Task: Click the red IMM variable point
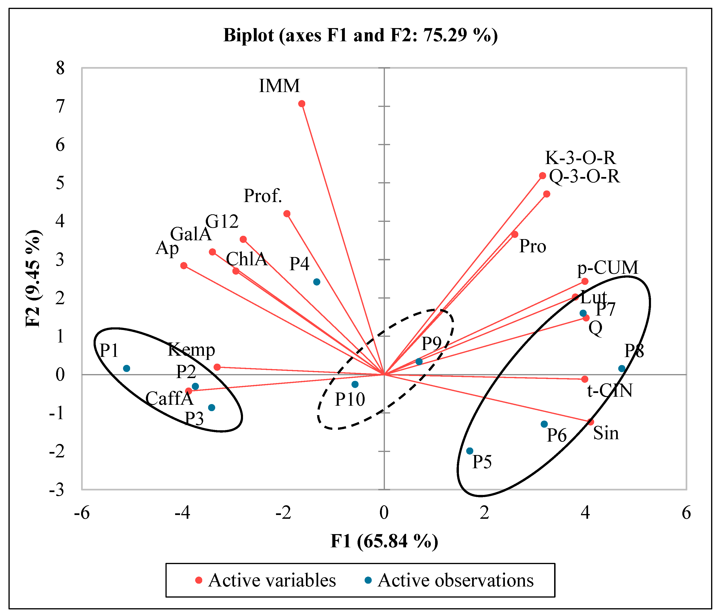tap(302, 104)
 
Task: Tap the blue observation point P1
tap(127, 368)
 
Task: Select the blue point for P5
tap(470, 451)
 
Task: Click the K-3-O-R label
tap(580, 158)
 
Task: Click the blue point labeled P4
tap(317, 282)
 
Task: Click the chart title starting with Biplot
tap(360, 35)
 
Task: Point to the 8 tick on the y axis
tap(61, 68)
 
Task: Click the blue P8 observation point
tap(622, 368)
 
